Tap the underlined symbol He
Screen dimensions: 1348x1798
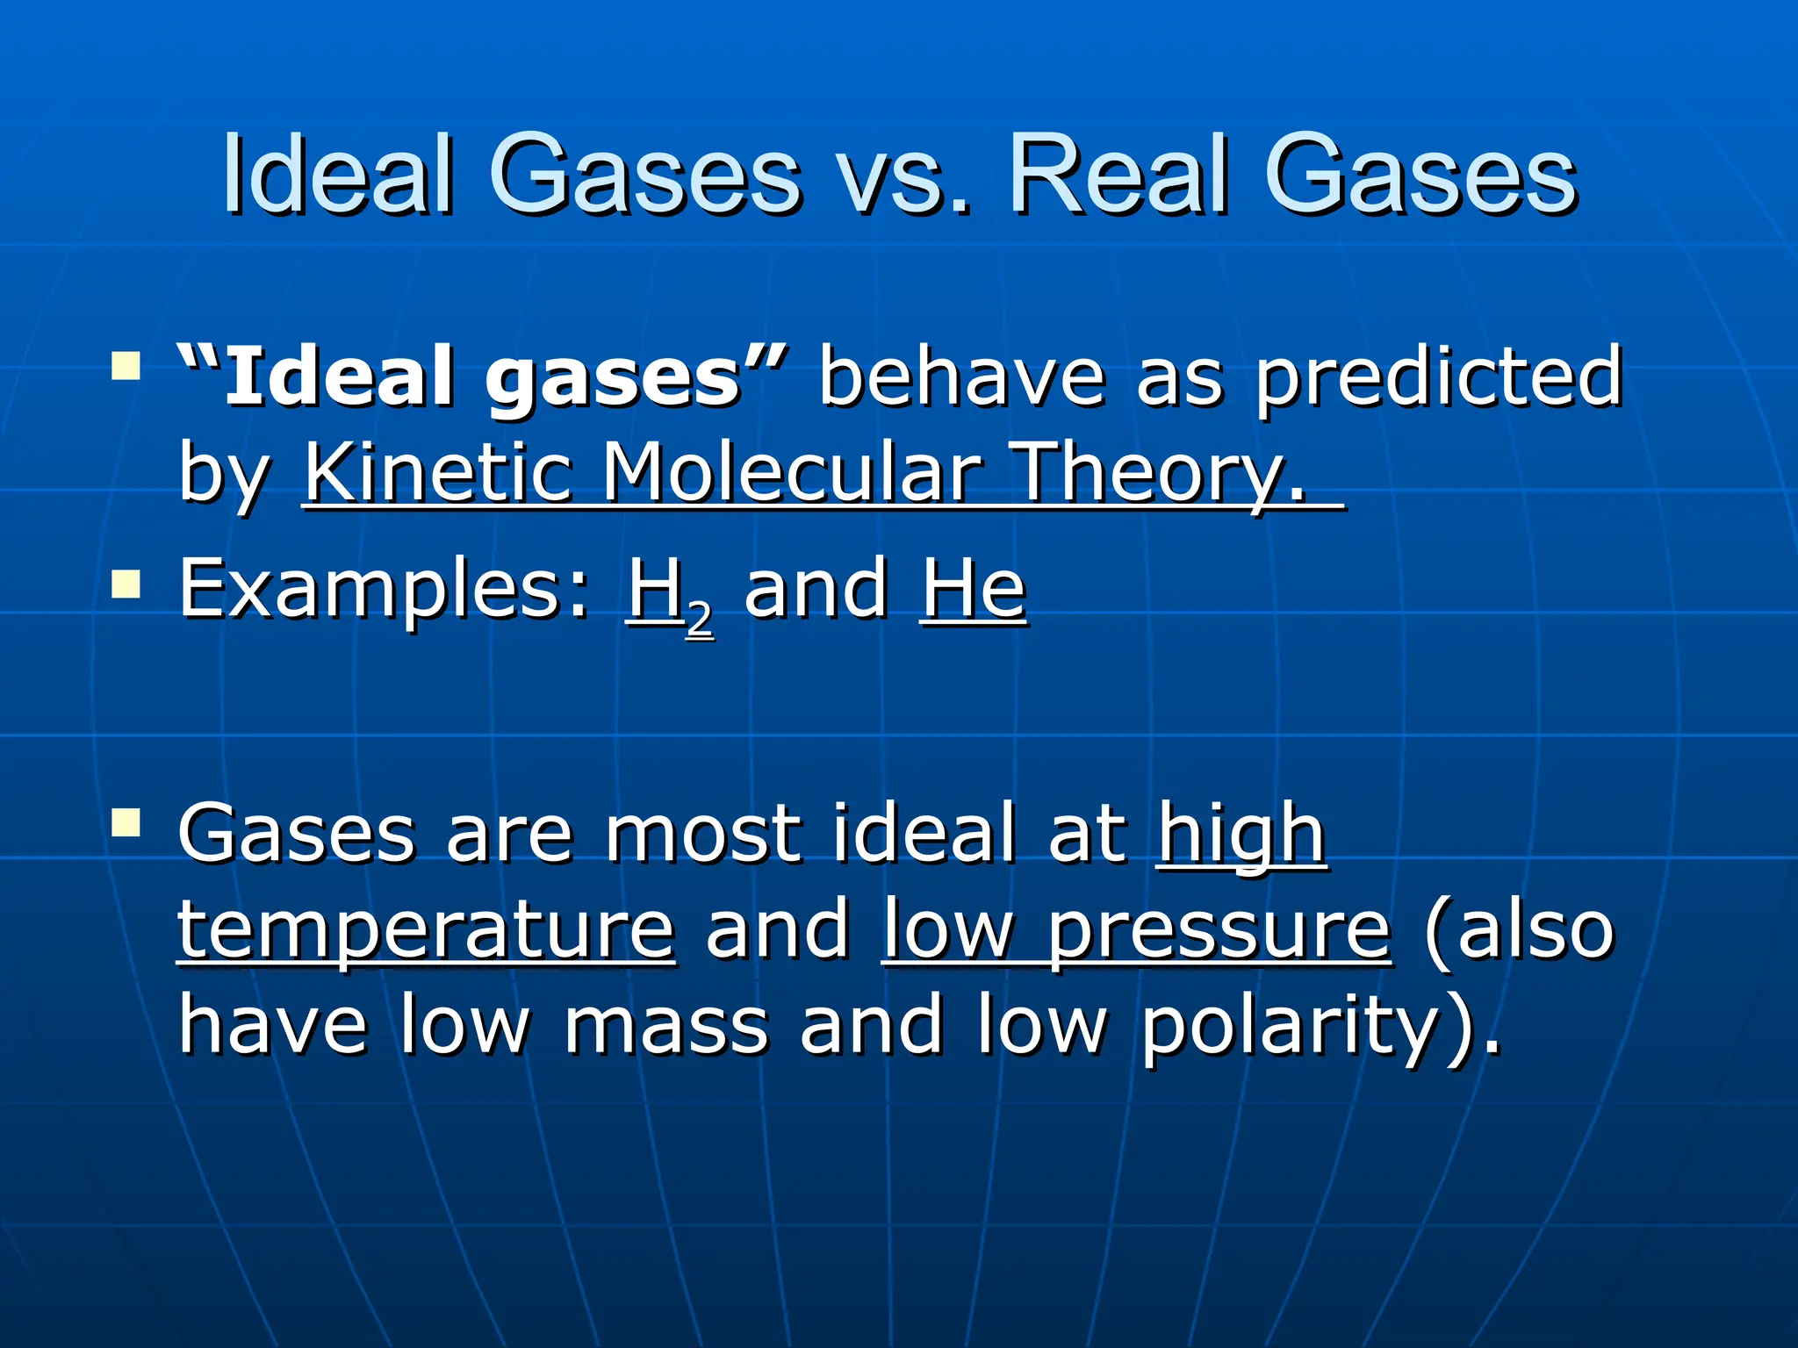click(973, 590)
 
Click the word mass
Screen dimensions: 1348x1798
click(666, 1027)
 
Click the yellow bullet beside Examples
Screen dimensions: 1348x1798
click(126, 583)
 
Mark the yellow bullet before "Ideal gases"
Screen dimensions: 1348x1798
click(126, 365)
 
